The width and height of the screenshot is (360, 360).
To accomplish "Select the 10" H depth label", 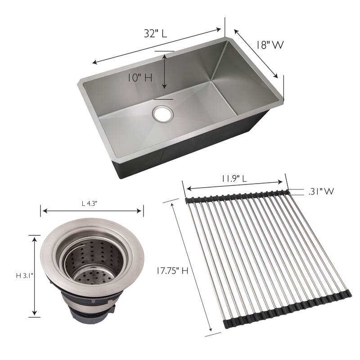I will click(x=139, y=78).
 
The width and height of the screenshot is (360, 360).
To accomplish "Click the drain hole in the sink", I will click(x=163, y=114).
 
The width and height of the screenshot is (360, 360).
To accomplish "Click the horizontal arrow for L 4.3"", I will click(x=92, y=211).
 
